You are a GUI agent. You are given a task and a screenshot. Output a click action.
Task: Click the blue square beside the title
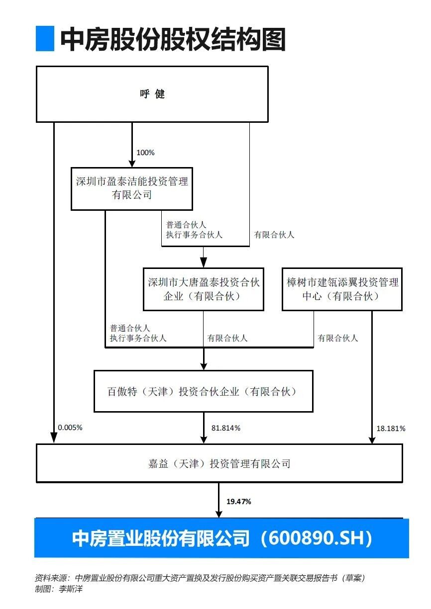point(45,38)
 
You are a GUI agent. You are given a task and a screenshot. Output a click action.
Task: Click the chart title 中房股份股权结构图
point(173,39)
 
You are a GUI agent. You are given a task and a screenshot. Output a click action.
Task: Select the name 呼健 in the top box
point(152,94)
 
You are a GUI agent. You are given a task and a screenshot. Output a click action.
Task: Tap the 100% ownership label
point(145,153)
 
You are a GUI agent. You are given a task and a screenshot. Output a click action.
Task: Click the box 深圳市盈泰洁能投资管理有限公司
point(132,189)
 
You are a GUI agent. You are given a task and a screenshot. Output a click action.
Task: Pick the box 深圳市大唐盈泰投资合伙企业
point(204,289)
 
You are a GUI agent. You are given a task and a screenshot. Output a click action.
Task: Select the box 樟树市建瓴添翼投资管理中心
point(342,289)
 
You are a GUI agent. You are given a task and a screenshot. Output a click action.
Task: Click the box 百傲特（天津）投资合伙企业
point(204,391)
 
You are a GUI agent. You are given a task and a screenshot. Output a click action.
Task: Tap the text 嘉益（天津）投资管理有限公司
point(219,463)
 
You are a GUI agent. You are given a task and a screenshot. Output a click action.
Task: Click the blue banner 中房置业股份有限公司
point(222,538)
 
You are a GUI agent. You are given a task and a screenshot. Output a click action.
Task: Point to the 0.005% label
point(70,428)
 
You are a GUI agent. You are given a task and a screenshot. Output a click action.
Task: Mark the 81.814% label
point(226,428)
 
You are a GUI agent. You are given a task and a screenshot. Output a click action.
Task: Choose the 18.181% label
point(391,429)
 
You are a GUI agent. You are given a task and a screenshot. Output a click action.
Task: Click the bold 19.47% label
point(238,502)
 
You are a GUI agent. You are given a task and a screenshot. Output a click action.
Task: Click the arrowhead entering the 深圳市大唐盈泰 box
point(204,263)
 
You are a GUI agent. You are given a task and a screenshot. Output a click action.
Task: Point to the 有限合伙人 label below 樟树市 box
point(337,338)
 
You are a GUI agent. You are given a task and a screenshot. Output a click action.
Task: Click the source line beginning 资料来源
point(200,578)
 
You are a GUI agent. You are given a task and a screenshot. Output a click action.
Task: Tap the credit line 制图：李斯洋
point(59,589)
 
